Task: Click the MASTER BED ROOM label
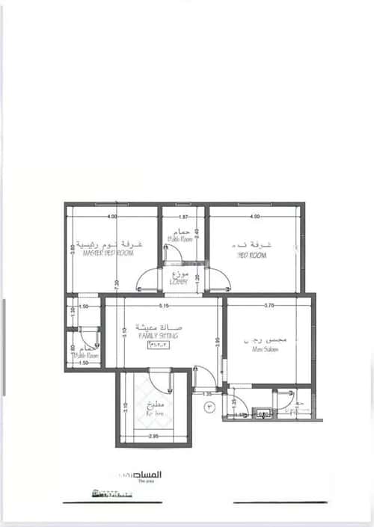click(x=108, y=253)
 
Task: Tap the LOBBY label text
click(x=180, y=282)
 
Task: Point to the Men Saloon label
click(x=266, y=348)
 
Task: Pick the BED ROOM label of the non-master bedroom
click(x=252, y=255)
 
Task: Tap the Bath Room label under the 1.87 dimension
click(x=180, y=240)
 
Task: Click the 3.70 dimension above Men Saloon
click(x=269, y=306)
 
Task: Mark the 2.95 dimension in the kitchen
click(x=153, y=436)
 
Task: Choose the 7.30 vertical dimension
click(x=117, y=284)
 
